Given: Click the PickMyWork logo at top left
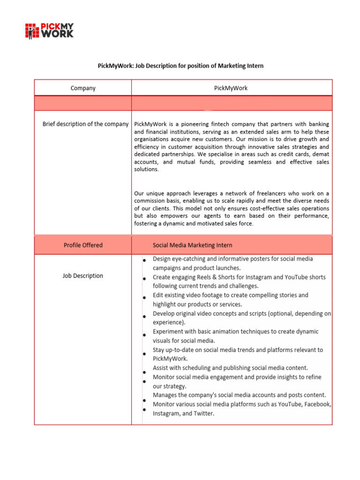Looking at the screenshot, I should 49,30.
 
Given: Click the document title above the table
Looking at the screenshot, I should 180,66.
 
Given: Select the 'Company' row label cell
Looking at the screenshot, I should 83,88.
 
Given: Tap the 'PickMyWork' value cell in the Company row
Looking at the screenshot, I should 231,88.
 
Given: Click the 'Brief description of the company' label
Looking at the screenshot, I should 85,124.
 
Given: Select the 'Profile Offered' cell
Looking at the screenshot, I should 83,245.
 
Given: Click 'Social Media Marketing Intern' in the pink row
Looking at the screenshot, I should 192,245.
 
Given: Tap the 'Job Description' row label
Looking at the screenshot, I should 83,276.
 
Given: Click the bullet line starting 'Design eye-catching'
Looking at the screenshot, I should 232,259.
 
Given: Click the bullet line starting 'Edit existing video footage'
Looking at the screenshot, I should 230,295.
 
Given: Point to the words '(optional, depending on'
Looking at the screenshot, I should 297,314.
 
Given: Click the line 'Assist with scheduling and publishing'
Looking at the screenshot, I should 230,368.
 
